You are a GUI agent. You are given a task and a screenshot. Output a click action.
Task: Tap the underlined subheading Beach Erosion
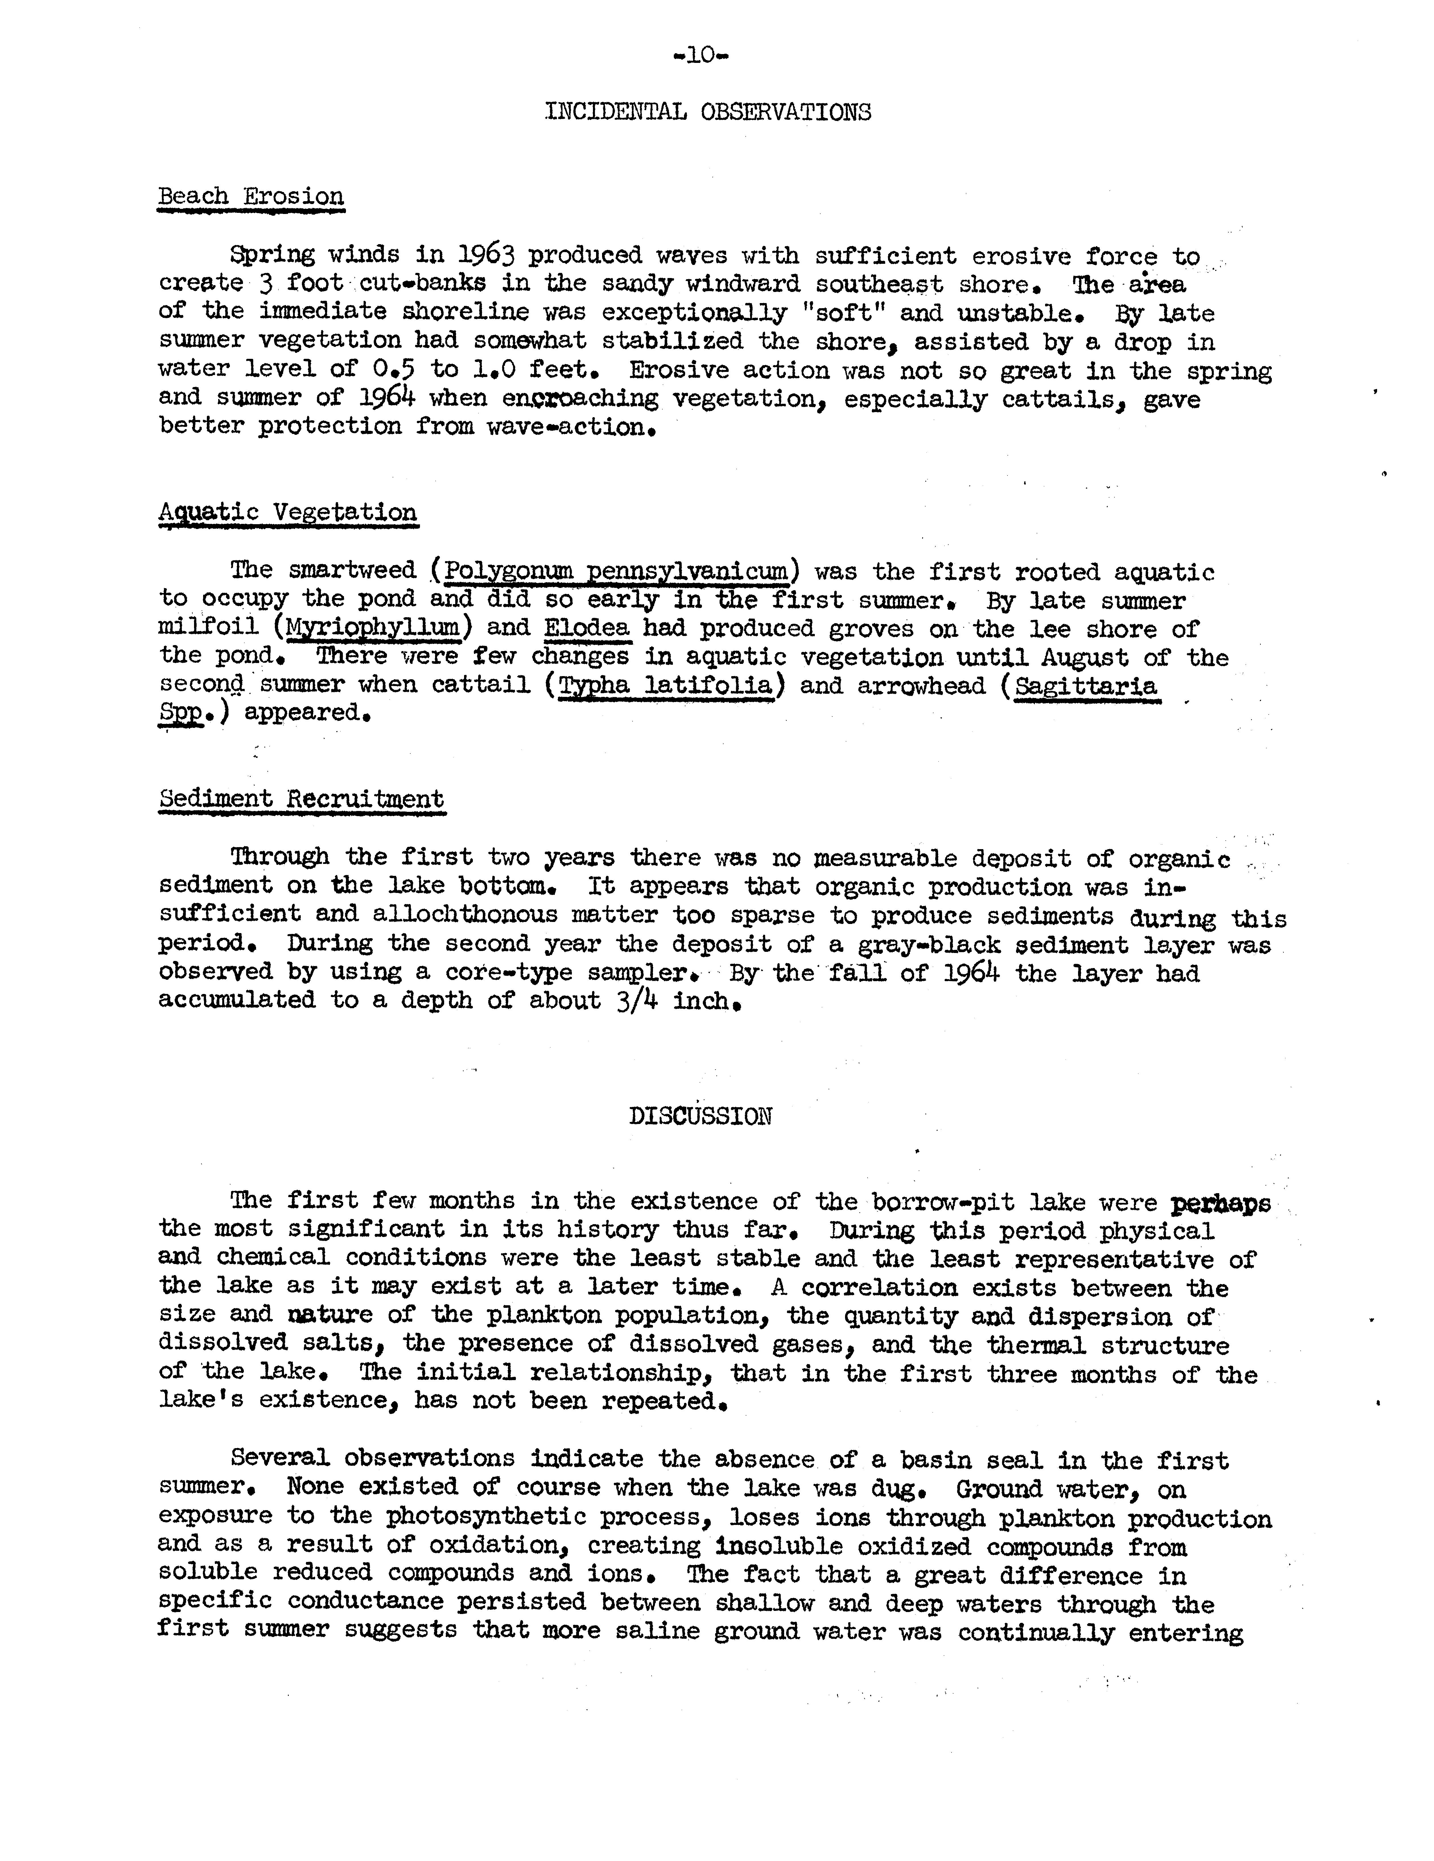tap(251, 197)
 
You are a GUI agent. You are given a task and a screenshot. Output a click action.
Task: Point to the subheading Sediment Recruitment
tap(302, 799)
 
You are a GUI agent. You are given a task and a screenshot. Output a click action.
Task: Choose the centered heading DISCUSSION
tap(700, 1116)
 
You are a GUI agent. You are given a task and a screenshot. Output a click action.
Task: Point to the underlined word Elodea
tap(587, 629)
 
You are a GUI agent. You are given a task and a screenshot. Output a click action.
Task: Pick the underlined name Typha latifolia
tap(665, 686)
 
